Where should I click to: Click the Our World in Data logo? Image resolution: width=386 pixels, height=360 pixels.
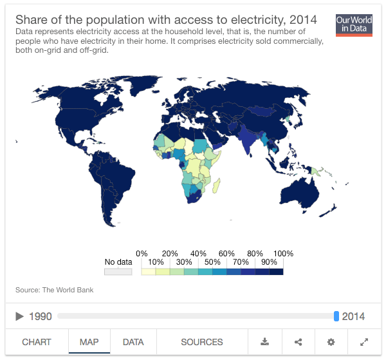tap(354, 24)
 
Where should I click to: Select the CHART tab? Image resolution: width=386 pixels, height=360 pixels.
tap(37, 342)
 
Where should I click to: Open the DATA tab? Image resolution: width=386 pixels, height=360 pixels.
tap(133, 342)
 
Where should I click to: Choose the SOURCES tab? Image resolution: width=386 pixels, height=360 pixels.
tap(202, 342)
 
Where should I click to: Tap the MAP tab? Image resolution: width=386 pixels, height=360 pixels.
tap(89, 342)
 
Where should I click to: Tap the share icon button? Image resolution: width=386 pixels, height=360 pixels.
tap(298, 342)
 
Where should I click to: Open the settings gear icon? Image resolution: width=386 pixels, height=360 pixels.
tap(331, 342)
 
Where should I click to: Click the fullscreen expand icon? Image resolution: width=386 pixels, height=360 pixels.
tap(364, 342)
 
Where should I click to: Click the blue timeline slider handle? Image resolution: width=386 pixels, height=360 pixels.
tap(336, 316)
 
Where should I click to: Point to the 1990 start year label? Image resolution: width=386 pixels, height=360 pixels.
tap(40, 316)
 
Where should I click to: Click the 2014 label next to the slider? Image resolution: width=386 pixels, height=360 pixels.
tap(353, 316)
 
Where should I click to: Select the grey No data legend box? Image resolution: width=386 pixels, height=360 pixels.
tap(118, 272)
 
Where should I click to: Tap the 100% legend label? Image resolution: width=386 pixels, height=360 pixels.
tap(283, 254)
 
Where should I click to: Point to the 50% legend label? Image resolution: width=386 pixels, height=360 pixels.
tap(212, 263)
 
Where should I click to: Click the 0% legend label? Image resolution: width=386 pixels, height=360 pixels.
tap(142, 254)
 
